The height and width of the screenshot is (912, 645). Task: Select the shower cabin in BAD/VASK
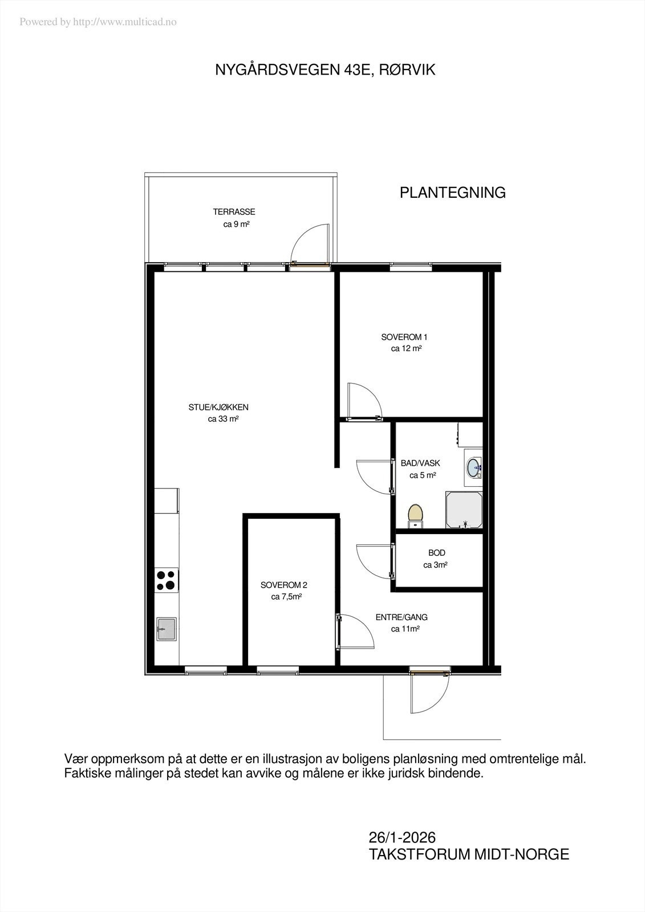click(464, 510)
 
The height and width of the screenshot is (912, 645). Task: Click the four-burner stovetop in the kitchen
click(167, 581)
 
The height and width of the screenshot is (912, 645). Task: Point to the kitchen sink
click(167, 629)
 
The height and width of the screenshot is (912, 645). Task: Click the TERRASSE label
click(234, 211)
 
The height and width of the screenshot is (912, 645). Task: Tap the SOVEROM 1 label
click(404, 337)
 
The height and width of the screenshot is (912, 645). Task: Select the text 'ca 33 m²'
click(223, 419)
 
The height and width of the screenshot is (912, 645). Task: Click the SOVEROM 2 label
click(284, 585)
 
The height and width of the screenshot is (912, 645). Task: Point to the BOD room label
click(437, 553)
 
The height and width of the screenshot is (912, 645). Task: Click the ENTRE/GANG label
click(401, 617)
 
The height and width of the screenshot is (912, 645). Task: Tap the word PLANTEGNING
click(452, 193)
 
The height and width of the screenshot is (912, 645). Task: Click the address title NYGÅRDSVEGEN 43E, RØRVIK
click(325, 70)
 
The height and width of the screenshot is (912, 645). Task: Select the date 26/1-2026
click(402, 837)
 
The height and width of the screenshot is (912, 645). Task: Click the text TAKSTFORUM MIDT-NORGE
click(469, 854)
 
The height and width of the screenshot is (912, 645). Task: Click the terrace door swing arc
click(308, 242)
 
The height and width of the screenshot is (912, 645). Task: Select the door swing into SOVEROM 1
click(365, 401)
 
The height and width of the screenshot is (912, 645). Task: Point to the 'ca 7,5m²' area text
click(286, 597)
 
